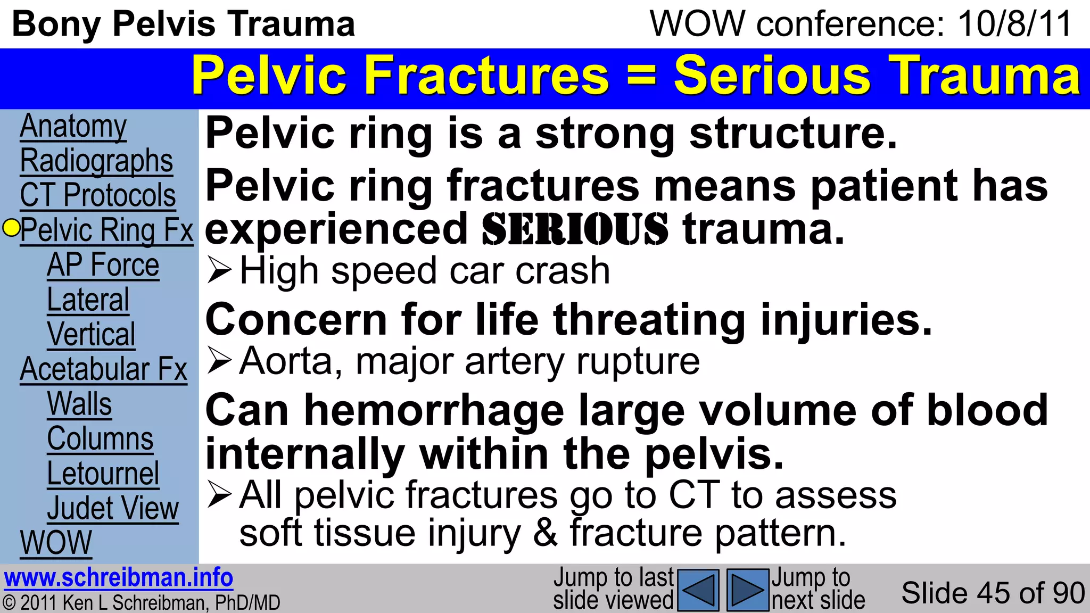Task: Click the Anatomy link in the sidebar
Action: [x=73, y=127]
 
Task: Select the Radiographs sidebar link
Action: [x=96, y=161]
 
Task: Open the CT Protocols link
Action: [x=98, y=195]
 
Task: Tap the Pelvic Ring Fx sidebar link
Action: [x=106, y=230]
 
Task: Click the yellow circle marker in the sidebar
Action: [x=11, y=228]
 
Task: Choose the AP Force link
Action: [x=103, y=265]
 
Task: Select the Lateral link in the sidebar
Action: [x=88, y=300]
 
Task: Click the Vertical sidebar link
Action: [x=91, y=335]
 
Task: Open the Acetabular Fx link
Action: [x=104, y=369]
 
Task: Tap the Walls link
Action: [x=79, y=404]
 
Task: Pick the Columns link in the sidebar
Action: [x=100, y=439]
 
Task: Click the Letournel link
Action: [x=103, y=474]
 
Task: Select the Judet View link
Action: [x=113, y=508]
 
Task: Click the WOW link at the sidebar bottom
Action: [x=56, y=543]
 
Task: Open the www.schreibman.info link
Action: [x=118, y=578]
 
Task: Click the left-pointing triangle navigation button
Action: [x=699, y=590]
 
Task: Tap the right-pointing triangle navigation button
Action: [x=748, y=590]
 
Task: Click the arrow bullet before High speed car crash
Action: [x=219, y=270]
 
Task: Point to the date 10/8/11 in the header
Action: [x=1014, y=24]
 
